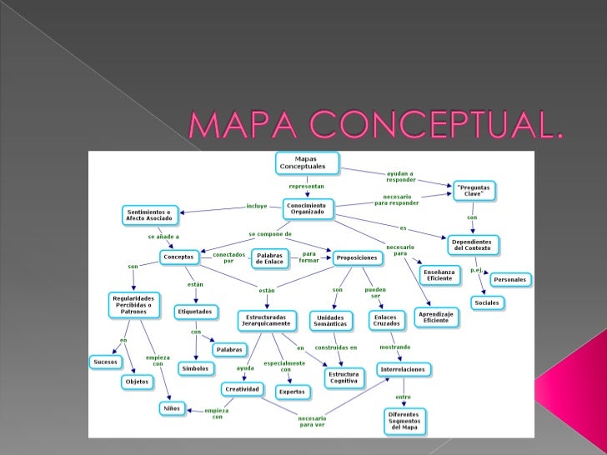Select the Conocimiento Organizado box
point(308,208)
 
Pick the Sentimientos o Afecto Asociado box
point(149,215)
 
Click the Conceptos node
point(179,257)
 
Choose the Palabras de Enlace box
point(270,257)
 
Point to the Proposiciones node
point(357,258)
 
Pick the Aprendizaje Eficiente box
point(437,317)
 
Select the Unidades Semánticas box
point(333,321)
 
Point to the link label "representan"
point(306,187)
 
